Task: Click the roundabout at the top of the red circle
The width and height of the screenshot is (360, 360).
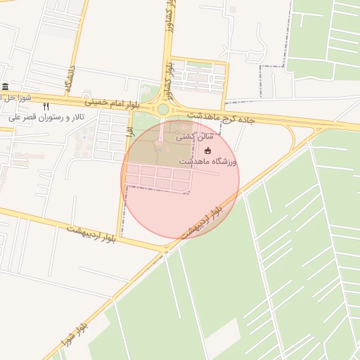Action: (163, 109)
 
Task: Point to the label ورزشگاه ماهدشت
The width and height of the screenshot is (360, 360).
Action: (208, 162)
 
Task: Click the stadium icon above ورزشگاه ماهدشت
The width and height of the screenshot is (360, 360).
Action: (207, 150)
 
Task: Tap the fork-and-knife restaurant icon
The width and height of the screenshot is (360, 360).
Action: (46, 105)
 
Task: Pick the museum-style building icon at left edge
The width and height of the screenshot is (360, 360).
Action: (6, 86)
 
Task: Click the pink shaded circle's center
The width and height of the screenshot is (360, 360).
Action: (181, 179)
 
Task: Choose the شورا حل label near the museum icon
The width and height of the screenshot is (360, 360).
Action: (15, 97)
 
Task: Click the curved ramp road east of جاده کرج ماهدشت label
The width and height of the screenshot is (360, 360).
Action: (291, 138)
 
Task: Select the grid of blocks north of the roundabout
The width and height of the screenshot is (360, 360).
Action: (198, 76)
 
